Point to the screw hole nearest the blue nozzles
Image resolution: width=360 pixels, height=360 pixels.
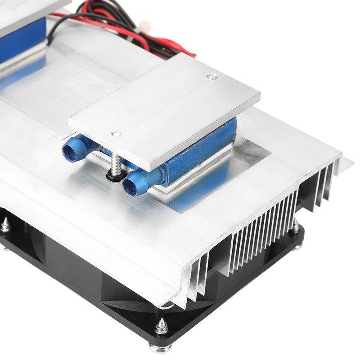coord(116,134)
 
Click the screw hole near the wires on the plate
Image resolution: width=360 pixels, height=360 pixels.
coord(209,76)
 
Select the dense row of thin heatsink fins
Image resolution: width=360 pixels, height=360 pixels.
coord(261,234)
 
